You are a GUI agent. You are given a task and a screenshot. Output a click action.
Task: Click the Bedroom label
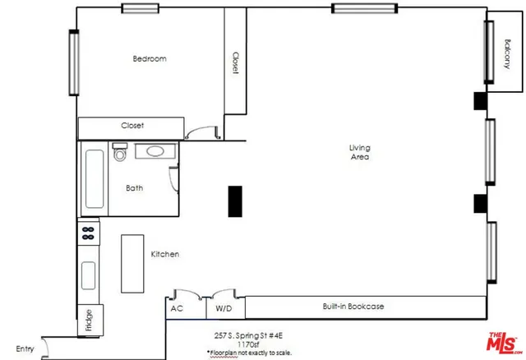[x=150, y=58]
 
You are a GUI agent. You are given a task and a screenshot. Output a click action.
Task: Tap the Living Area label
[x=359, y=152]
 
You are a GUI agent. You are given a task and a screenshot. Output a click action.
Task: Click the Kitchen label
[x=164, y=255]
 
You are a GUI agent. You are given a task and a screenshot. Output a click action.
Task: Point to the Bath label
[x=134, y=188]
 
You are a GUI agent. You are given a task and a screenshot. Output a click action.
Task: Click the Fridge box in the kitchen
[x=88, y=320]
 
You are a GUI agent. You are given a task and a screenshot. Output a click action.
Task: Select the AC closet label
[x=176, y=308]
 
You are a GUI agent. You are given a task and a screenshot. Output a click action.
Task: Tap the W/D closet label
[x=224, y=308]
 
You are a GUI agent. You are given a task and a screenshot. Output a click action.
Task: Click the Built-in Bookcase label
[x=353, y=307]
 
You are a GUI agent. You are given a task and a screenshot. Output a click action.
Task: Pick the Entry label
[x=25, y=349]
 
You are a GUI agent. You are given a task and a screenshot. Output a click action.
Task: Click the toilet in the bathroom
[x=119, y=152]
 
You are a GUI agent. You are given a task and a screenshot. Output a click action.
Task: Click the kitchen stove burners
[x=88, y=233]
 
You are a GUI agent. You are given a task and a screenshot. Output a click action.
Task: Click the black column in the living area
[x=234, y=201]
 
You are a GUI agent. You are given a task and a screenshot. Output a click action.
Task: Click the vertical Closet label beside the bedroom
[x=235, y=63]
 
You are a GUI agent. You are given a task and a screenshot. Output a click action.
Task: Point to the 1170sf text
[x=248, y=344]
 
